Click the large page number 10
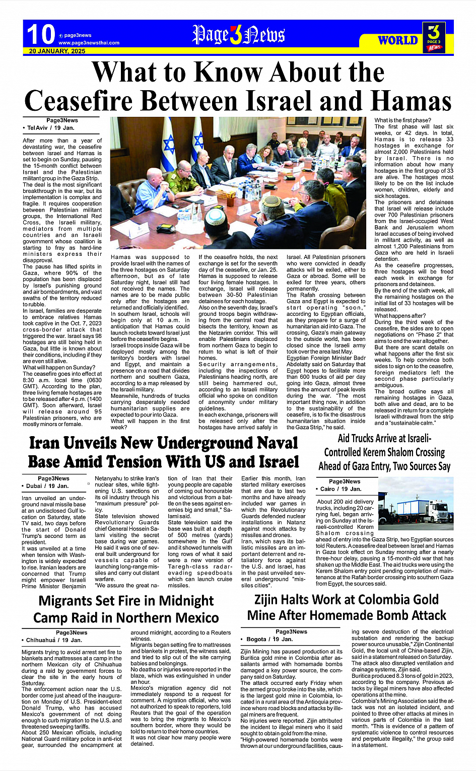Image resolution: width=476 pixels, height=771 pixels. pos(40,34)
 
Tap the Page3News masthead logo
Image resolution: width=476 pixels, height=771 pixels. pos(238,35)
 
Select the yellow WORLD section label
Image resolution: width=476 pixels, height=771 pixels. pos(398,40)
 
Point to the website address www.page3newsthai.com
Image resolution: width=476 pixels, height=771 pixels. pos(89,43)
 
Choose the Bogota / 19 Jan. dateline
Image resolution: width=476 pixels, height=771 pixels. pos(269,639)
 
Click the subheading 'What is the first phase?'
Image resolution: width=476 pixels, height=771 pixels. pos(402,120)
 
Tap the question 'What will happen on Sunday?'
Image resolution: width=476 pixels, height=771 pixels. pos(58,368)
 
